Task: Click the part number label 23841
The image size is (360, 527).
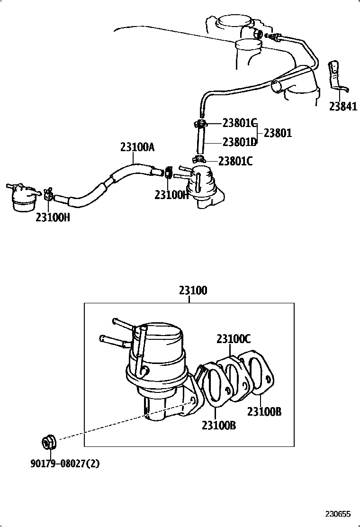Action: point(343,107)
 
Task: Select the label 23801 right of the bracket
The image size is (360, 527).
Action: point(278,133)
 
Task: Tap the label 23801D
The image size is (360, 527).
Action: point(239,142)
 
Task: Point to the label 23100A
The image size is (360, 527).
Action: point(137,147)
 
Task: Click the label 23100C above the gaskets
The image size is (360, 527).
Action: point(234,339)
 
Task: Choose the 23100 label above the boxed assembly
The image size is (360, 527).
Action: point(193,290)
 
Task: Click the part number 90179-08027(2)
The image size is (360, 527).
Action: point(65,464)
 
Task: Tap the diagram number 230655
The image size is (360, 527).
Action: point(338,514)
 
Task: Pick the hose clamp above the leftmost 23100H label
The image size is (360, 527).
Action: point(48,193)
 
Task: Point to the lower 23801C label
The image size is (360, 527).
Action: point(235,161)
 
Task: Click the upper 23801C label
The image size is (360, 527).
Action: point(239,123)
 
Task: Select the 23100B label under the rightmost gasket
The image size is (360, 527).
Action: point(264,411)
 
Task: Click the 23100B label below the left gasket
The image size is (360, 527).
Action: point(219,426)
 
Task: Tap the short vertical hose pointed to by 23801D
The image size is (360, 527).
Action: point(200,142)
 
